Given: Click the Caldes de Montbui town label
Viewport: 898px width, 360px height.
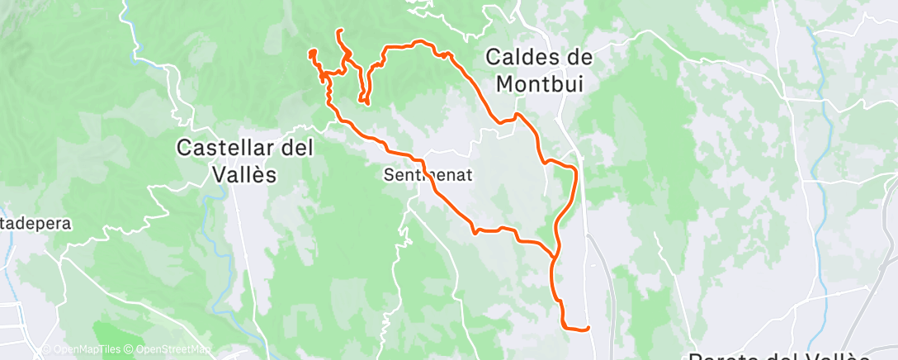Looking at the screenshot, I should point(538,69).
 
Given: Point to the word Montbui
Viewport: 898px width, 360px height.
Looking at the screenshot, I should point(538,83).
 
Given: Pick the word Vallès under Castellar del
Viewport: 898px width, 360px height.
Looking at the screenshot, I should point(243,174).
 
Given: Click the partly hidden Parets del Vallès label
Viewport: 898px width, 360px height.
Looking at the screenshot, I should point(780,356).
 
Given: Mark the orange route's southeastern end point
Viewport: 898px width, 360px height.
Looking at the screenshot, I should point(588,329).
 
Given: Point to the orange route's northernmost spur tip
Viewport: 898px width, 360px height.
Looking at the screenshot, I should point(339,31).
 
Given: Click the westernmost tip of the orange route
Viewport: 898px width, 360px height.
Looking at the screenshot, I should point(310,54).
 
